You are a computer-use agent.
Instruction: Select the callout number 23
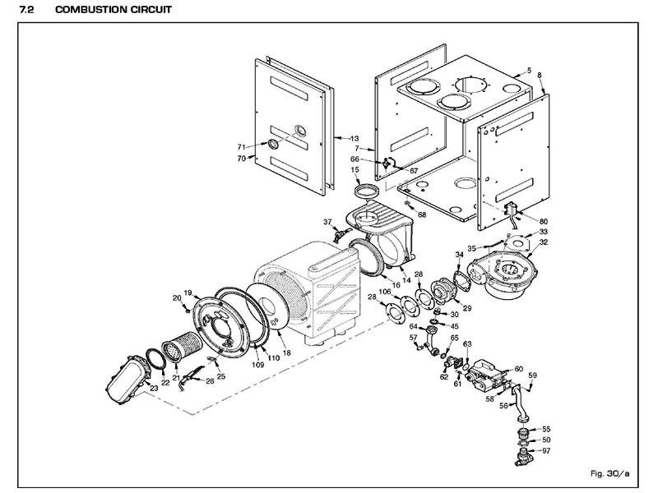coord(153,387)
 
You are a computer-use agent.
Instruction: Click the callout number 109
coord(257,363)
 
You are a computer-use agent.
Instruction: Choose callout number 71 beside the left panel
coord(242,145)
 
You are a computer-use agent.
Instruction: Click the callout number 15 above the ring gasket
coord(355,171)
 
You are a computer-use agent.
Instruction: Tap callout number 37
coord(327,223)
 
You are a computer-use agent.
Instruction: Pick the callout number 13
coord(354,138)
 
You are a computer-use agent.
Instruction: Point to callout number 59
coord(532,376)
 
